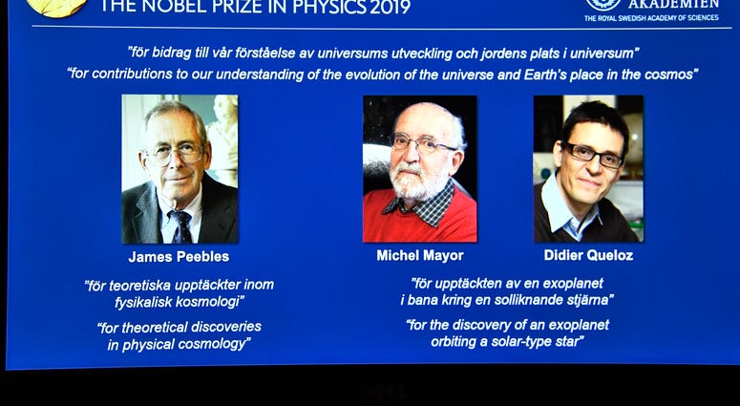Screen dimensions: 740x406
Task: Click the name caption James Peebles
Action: pos(179,257)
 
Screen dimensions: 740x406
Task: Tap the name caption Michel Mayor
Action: pos(420,256)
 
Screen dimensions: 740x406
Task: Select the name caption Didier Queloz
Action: pos(588,255)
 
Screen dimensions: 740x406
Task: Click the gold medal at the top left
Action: pos(56,7)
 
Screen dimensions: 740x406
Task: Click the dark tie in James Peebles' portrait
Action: pos(181,226)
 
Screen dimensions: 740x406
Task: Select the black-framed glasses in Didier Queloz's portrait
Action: pos(594,156)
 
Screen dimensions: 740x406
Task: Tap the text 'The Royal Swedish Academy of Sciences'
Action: pos(651,18)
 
